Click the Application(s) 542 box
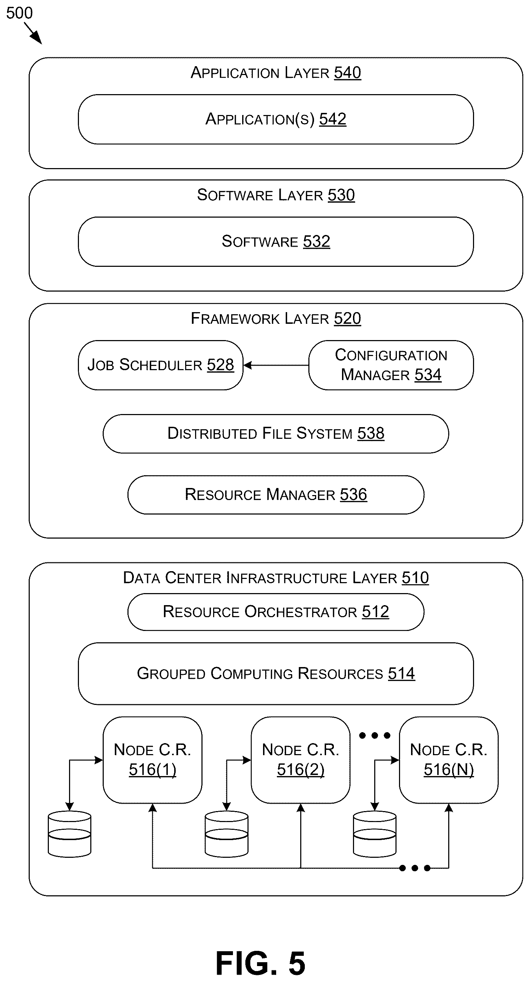(276, 119)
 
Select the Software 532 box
(276, 242)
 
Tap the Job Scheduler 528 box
(160, 365)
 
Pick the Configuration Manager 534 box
(391, 365)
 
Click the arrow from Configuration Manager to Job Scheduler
(276, 365)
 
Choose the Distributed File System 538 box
(276, 434)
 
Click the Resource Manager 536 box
(276, 495)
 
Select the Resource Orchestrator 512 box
(276, 612)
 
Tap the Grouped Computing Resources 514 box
(276, 674)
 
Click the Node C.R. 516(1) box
(153, 760)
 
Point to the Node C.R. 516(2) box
(301, 760)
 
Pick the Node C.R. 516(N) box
(449, 760)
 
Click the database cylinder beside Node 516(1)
(69, 834)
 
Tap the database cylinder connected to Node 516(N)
(375, 834)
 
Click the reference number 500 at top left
(19, 13)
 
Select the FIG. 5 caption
(261, 963)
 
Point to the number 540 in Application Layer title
(347, 73)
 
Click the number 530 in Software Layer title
(341, 195)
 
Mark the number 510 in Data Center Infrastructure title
(415, 578)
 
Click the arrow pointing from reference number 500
(33, 33)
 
